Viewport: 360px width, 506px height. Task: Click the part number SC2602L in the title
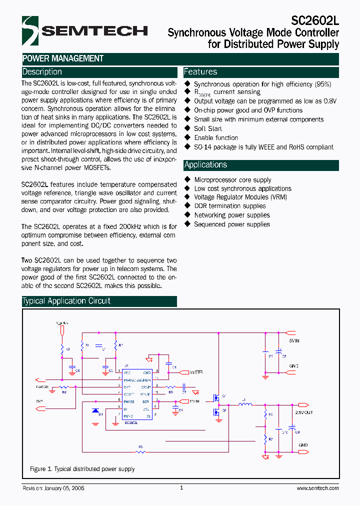coord(315,20)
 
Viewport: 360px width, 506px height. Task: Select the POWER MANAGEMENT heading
coord(63,58)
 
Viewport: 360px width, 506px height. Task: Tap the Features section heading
coord(200,71)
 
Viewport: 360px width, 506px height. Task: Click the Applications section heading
coord(205,164)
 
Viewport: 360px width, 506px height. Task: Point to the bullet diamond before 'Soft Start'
coord(187,128)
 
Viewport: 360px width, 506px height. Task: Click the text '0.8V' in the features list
coord(330,101)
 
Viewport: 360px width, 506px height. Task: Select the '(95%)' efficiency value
coord(322,84)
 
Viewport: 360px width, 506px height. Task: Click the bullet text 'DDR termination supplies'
coord(230,206)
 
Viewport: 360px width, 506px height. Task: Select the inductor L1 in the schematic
coord(244,404)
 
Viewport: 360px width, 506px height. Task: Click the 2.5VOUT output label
coord(303,412)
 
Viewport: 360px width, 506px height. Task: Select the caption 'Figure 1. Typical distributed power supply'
coord(82,469)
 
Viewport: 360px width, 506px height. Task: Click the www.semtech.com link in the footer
coord(317,488)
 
